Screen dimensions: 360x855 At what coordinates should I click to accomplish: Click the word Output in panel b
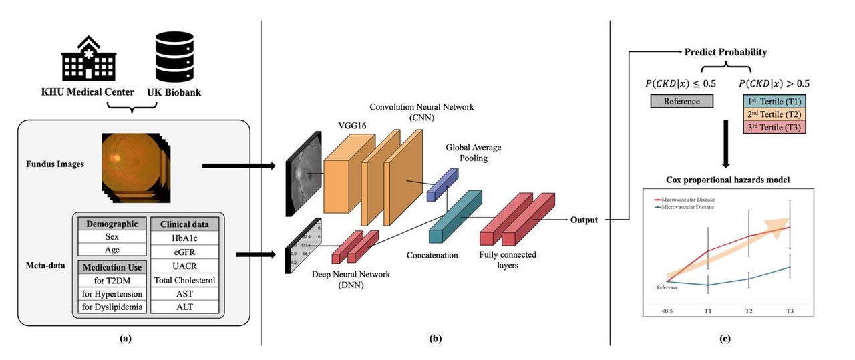point(584,220)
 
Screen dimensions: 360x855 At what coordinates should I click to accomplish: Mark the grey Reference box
point(682,102)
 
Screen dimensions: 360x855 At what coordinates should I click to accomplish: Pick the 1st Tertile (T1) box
point(774,100)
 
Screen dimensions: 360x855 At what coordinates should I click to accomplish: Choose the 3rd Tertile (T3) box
point(774,126)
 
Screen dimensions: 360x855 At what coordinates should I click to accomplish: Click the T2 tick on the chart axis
point(749,311)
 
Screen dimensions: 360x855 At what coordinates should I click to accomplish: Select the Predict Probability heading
point(725,52)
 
